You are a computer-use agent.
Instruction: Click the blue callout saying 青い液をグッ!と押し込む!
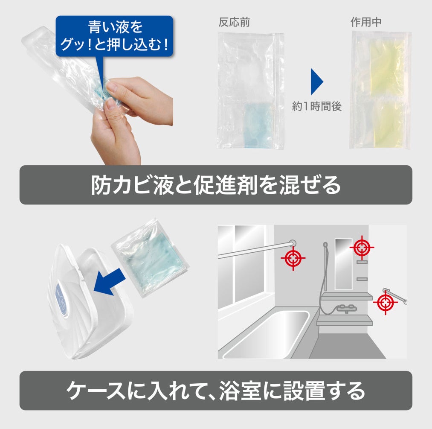point(114,36)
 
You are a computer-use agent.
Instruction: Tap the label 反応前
point(234,22)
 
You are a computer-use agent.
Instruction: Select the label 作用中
point(366,22)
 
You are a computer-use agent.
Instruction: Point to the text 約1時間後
point(317,106)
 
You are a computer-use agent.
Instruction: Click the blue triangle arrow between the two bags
point(316,82)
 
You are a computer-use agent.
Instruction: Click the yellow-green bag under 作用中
point(380,90)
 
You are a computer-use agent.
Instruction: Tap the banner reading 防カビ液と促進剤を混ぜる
point(216,185)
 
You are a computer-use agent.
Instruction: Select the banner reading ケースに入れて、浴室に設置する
point(216,391)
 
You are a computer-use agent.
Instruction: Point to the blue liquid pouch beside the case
point(151,257)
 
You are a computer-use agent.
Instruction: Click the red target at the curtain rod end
point(293,258)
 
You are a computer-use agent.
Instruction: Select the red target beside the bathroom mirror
point(362,248)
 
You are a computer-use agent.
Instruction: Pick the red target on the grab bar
point(385,303)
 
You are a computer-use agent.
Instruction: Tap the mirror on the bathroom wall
point(344,264)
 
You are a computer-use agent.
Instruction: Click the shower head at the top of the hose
point(325,245)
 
